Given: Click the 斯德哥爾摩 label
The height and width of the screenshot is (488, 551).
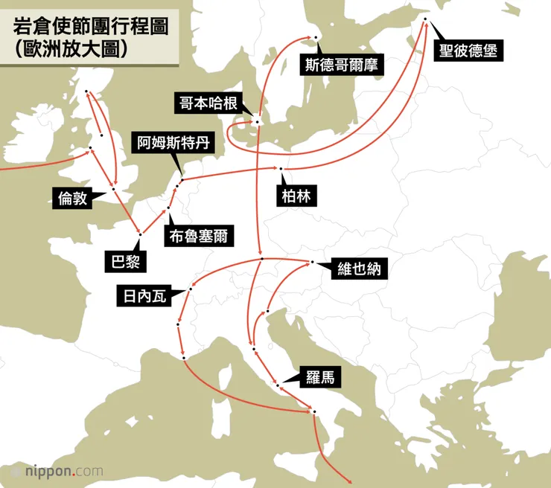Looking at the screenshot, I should point(340,65).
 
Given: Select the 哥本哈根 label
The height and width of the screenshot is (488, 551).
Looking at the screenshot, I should point(208,103).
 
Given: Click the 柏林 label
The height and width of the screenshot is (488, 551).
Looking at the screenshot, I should point(296,196).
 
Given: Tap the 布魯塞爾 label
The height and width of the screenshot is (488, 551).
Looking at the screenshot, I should point(197,237).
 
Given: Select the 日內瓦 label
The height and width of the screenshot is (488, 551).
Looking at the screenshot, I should point(143,296).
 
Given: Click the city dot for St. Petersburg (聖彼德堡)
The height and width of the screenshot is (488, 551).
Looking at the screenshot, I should point(425,19).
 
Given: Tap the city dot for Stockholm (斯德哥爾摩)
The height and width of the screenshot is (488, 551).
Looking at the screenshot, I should point(316,37).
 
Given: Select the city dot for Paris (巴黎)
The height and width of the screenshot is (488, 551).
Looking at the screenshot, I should point(140,234).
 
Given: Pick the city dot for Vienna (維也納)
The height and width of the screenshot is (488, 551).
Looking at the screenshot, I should point(313,262).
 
